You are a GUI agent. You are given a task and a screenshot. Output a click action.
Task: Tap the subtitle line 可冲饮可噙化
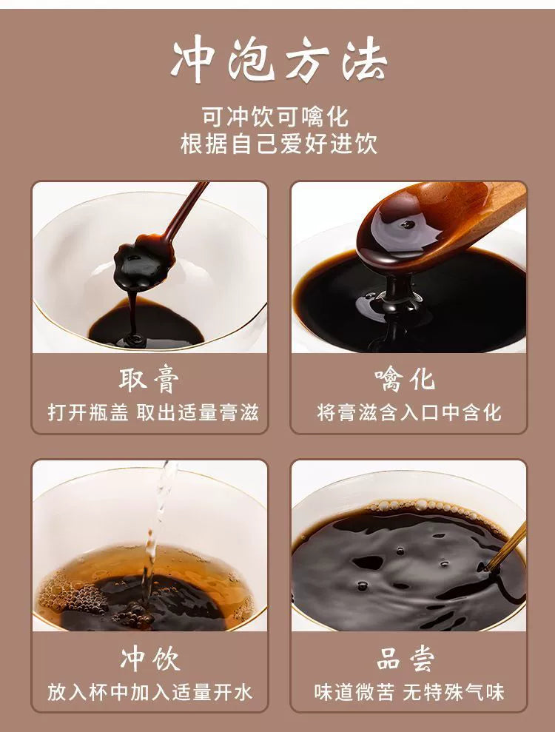tap(275, 117)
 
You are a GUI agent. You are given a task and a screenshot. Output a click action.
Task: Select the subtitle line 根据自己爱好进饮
tap(279, 144)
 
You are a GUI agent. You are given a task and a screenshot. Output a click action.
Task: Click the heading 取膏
tap(149, 380)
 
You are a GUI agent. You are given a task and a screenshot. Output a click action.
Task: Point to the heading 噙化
tap(406, 380)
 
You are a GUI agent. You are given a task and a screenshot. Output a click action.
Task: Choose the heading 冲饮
tap(149, 659)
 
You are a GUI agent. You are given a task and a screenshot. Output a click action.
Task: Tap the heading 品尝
tap(406, 659)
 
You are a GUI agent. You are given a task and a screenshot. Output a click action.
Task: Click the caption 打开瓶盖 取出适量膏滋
tap(153, 413)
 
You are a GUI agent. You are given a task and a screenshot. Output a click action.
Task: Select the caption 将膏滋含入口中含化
tap(409, 413)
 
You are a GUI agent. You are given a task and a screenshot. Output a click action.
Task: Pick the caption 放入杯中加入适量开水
tap(149, 692)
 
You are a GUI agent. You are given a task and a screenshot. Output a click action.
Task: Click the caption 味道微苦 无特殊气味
tap(409, 692)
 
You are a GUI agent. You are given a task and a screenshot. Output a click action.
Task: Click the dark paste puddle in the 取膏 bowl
tap(146, 324)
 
